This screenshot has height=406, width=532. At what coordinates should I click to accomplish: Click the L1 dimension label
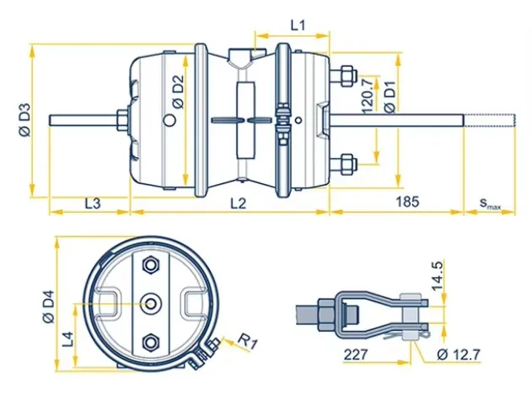tap(298, 25)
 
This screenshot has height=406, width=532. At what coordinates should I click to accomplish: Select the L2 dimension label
tap(238, 203)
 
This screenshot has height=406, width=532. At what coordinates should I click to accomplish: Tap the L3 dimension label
tap(94, 203)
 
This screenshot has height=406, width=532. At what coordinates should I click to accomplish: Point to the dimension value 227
tap(356, 355)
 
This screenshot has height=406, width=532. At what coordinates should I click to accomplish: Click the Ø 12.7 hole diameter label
tap(459, 355)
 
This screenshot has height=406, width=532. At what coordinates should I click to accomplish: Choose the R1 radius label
tap(244, 342)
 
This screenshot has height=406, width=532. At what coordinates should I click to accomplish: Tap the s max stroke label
tap(490, 203)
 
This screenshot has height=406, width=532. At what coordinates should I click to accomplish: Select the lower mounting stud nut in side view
tap(346, 162)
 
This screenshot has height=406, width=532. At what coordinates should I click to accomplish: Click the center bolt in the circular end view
tap(153, 302)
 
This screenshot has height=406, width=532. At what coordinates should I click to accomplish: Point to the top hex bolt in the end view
tap(153, 265)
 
